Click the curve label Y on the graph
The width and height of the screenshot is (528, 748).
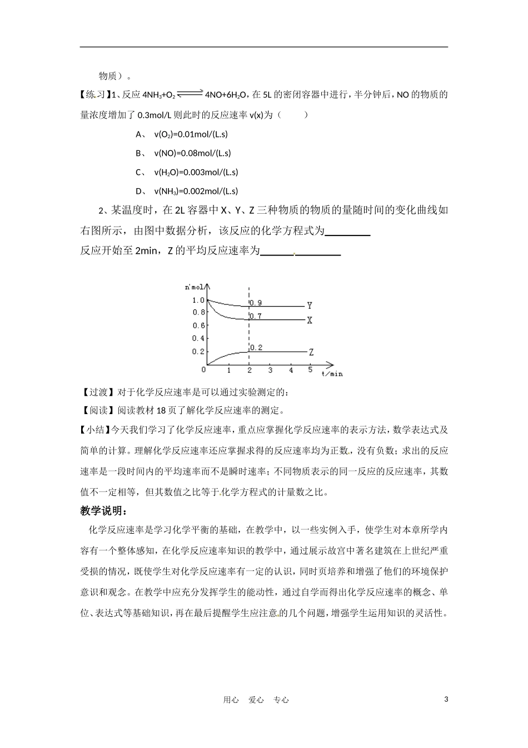[310, 306]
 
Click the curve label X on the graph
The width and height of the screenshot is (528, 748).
[310, 321]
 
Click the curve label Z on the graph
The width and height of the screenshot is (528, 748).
[311, 352]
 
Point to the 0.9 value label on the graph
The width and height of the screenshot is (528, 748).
[256, 303]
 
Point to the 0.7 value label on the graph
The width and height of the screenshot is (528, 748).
[256, 316]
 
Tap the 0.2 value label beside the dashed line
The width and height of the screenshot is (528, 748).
[256, 348]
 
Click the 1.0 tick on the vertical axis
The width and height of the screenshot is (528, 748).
[198, 301]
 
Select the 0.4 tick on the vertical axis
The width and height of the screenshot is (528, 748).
[198, 338]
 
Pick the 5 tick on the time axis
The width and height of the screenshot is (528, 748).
[311, 370]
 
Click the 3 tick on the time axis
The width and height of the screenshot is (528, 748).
[271, 370]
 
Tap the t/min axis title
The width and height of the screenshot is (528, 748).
[332, 374]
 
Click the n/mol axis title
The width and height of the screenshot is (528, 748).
[195, 287]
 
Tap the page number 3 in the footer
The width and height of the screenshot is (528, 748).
[446, 699]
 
